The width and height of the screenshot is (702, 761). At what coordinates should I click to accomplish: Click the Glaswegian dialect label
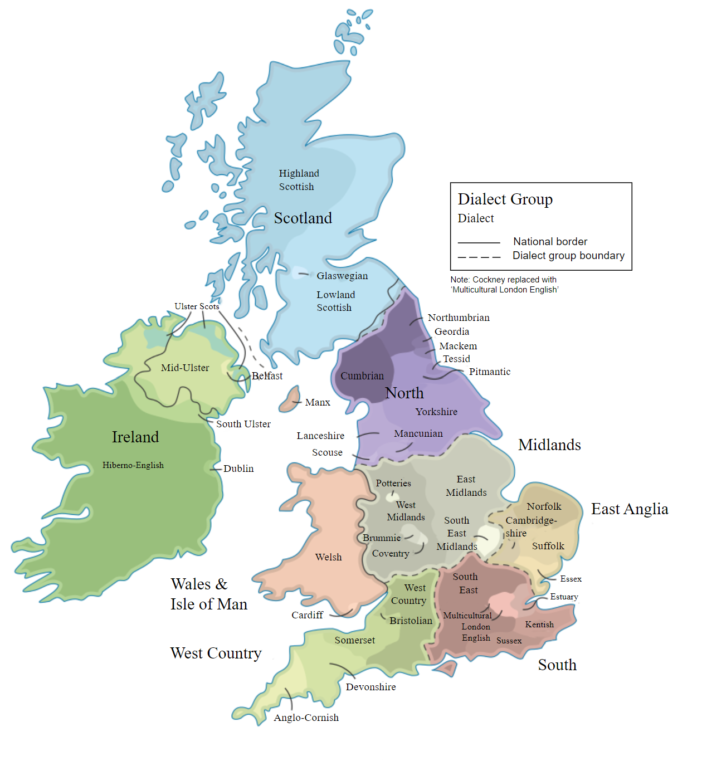342,276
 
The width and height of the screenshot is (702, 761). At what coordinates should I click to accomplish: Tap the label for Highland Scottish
299,180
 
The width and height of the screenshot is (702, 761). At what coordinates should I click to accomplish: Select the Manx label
318,402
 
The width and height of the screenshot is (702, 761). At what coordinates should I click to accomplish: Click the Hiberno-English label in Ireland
133,465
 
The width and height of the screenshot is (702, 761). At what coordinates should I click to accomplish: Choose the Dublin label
238,469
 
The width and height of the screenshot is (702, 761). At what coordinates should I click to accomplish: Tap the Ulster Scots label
197,306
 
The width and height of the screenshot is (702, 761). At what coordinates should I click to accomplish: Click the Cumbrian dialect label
362,376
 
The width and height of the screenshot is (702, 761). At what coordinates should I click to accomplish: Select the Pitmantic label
489,372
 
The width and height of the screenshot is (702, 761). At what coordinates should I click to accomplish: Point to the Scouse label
327,452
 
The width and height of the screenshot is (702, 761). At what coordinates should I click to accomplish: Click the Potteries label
393,483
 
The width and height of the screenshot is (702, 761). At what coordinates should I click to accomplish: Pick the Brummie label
382,538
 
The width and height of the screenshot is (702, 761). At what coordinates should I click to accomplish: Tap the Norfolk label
544,506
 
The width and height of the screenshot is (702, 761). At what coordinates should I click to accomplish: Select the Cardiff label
307,615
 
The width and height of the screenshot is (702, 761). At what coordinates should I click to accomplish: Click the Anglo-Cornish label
306,718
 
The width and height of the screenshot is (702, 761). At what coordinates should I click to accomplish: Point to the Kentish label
539,625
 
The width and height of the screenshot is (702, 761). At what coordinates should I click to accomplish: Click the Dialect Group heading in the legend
505,199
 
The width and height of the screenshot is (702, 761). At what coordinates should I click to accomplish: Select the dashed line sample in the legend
479,257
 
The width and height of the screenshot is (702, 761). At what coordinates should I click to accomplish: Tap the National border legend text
550,241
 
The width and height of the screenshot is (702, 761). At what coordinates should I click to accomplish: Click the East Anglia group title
630,509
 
